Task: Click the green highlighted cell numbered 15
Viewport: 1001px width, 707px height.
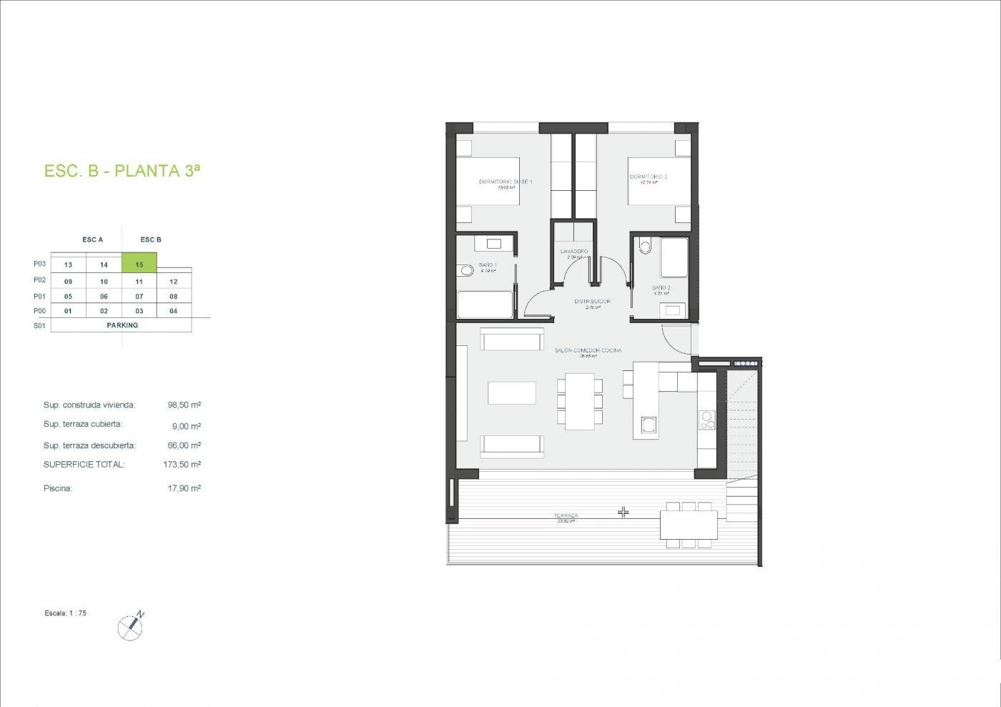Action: click(x=139, y=264)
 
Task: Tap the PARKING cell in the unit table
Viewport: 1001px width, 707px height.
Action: click(x=122, y=325)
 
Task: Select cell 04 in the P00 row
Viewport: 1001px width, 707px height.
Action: click(x=174, y=311)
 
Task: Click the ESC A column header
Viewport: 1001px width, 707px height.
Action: click(x=93, y=239)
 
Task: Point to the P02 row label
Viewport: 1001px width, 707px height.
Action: click(x=39, y=280)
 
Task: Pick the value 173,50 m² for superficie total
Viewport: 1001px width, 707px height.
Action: click(x=182, y=464)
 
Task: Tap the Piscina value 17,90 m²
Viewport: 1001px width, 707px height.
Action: click(x=184, y=488)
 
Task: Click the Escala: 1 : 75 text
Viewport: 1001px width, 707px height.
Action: click(x=65, y=613)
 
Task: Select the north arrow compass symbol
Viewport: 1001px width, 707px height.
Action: click(x=131, y=626)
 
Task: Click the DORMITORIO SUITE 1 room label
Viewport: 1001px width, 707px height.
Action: click(x=506, y=182)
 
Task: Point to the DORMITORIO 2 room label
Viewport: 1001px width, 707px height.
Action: click(x=649, y=177)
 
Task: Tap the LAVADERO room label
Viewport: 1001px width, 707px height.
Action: click(x=574, y=252)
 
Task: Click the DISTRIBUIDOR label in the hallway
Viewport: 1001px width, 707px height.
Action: click(x=593, y=302)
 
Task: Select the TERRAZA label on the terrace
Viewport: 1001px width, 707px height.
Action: click(x=566, y=515)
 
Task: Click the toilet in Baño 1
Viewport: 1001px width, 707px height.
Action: click(x=467, y=270)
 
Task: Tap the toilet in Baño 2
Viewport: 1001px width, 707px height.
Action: click(x=646, y=247)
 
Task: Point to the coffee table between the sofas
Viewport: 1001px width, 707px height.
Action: click(x=512, y=393)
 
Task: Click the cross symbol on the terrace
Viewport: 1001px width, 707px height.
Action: click(x=623, y=512)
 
